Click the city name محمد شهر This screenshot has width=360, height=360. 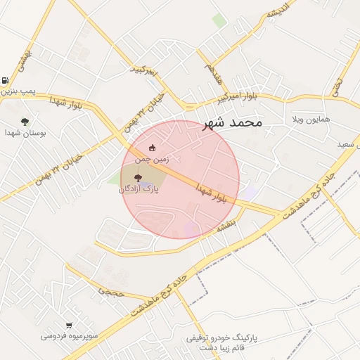[x=232, y=122]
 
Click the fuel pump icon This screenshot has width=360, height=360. [x=6, y=80]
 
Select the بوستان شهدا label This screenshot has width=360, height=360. [x=25, y=132]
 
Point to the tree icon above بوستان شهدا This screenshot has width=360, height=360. [x=25, y=121]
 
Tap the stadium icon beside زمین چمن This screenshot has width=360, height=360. [x=153, y=148]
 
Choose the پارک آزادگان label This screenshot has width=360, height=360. [x=139, y=188]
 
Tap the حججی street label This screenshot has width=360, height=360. [x=111, y=289]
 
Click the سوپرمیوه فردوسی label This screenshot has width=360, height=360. [x=69, y=336]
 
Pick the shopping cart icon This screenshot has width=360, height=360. [x=69, y=325]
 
